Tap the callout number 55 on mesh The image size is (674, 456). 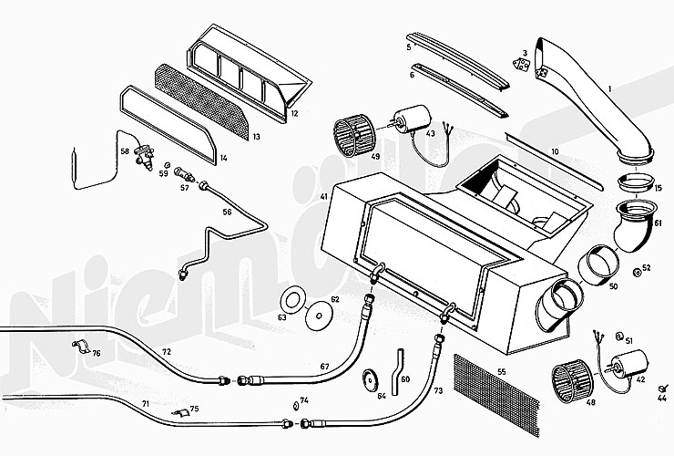[501, 372]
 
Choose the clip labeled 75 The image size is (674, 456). [183, 413]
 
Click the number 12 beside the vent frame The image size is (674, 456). [294, 115]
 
